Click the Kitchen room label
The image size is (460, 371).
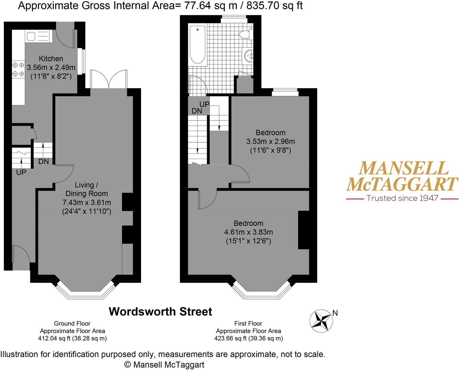pyautogui.click(x=51, y=58)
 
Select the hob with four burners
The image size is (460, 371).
pyautogui.click(x=18, y=69)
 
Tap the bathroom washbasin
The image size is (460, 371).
pyautogui.click(x=248, y=55)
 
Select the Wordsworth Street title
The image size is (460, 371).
pyautogui.click(x=160, y=311)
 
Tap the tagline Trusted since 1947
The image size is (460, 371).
pyautogui.click(x=403, y=198)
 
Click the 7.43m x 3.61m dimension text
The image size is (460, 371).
pyautogui.click(x=87, y=202)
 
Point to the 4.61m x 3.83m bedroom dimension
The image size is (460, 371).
pyautogui.click(x=248, y=232)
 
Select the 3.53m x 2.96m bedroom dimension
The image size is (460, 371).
pyautogui.click(x=271, y=141)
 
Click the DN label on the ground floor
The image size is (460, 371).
pyautogui.click(x=44, y=162)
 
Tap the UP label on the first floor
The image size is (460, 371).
pyautogui.click(x=204, y=104)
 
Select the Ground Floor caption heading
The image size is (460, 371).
pyautogui.click(x=72, y=323)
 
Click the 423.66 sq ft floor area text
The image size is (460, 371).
pyautogui.click(x=248, y=338)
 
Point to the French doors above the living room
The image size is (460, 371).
pyautogui.click(x=109, y=79)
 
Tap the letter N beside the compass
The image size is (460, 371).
pyautogui.click(x=335, y=313)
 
